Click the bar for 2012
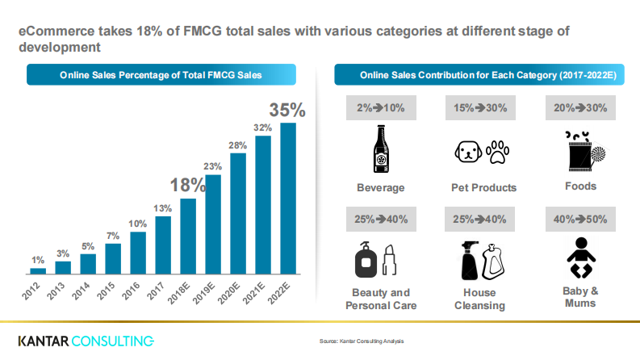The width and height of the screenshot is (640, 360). point(38,270)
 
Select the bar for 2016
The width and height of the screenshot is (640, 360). point(138,253)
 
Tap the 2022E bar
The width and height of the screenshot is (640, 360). point(287,198)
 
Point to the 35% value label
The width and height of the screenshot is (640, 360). point(287,110)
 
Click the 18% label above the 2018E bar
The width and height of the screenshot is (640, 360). point(188,183)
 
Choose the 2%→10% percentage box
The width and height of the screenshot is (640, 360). point(380,108)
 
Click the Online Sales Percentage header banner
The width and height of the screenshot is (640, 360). point(161,75)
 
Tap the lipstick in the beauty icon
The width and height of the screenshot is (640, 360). point(391,260)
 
